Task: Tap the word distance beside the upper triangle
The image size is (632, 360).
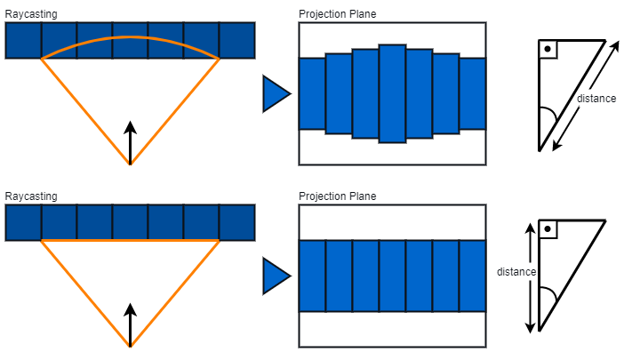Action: (x=596, y=99)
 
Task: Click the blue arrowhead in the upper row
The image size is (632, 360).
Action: (x=276, y=94)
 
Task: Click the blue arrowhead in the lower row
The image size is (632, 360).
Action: (x=276, y=276)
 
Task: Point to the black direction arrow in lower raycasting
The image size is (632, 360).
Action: (x=130, y=324)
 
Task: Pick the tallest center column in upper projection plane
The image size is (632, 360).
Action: (x=392, y=93)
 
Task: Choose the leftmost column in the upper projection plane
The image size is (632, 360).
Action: (x=312, y=93)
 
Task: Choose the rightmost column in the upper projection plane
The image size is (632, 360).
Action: (x=473, y=93)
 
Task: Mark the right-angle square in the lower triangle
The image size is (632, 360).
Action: (x=548, y=230)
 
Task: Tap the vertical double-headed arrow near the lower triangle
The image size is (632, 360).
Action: (x=531, y=277)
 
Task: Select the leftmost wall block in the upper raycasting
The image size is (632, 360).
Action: (x=23, y=41)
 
